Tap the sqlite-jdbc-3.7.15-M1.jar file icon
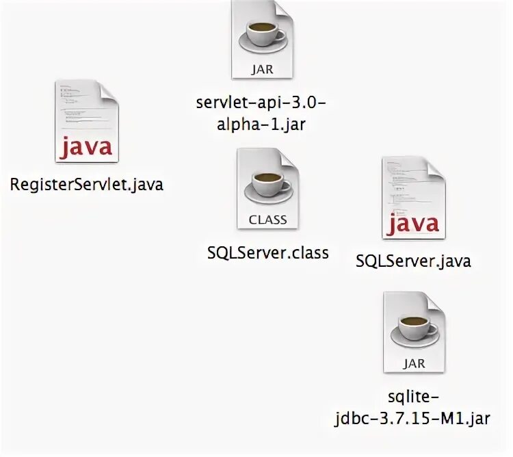(414, 332)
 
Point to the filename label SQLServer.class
(267, 252)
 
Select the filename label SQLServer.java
(414, 261)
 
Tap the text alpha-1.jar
(263, 127)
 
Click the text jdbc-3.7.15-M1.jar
(414, 418)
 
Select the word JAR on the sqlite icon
(414, 364)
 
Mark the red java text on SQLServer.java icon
(414, 224)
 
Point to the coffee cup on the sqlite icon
(414, 329)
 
